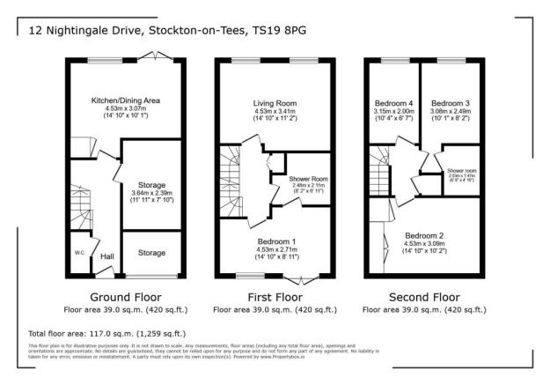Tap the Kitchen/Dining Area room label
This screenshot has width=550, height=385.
pos(126,101)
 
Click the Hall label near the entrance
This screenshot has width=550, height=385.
pos(106,256)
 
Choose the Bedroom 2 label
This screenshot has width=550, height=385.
pos(423,235)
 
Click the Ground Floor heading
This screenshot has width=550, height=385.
pos(126,297)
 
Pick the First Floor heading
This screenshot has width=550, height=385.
pos(275,297)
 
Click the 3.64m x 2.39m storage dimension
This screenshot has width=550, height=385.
pos(151,193)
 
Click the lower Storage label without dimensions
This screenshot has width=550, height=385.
pos(151,253)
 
